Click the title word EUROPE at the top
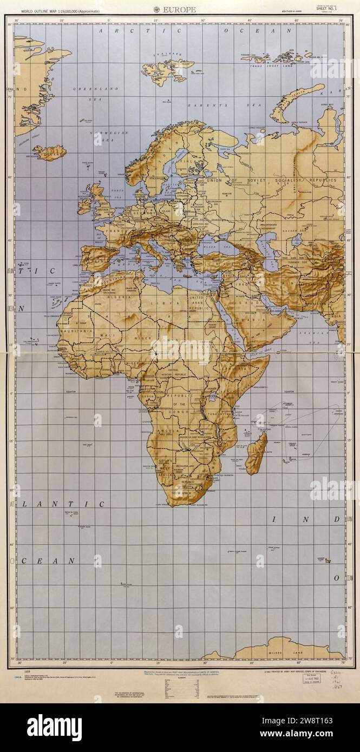[x=182, y=9]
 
